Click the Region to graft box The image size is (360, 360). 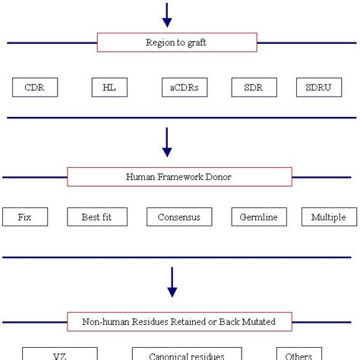click(x=176, y=43)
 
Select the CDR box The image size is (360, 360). click(x=34, y=87)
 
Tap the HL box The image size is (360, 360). click(x=109, y=87)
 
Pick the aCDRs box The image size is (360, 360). click(x=185, y=87)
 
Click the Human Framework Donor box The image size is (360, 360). click(x=179, y=177)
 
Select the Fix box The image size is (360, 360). click(x=25, y=217)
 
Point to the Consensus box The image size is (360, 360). click(x=179, y=217)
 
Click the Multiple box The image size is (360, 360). click(x=328, y=217)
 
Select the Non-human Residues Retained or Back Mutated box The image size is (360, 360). click(x=179, y=321)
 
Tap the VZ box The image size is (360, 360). click(x=59, y=355)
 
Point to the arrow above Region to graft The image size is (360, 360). click(x=167, y=14)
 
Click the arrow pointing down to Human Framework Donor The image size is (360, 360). click(x=167, y=141)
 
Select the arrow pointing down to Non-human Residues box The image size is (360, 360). click(x=172, y=281)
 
